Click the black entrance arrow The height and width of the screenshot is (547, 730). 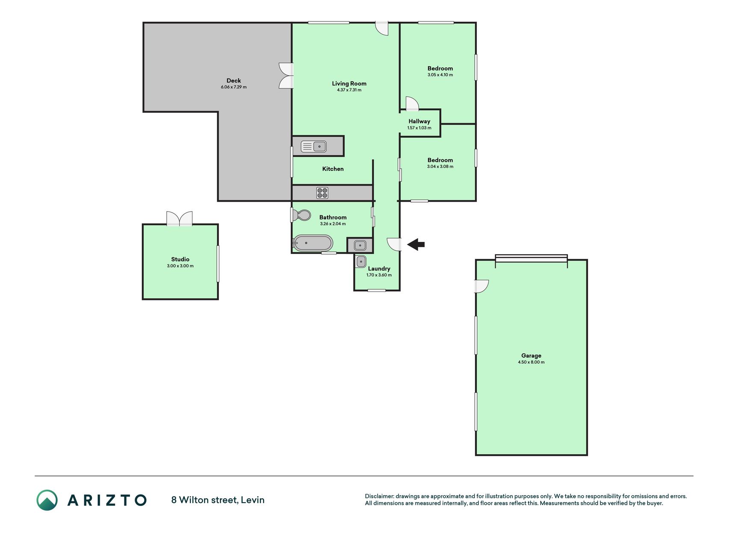(x=416, y=244)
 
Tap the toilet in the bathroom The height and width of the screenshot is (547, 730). (x=302, y=215)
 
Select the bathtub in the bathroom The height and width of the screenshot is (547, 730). (x=313, y=243)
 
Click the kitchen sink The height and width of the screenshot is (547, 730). (x=314, y=147)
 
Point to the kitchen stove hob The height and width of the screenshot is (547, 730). (x=322, y=193)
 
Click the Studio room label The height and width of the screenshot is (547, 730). (x=180, y=259)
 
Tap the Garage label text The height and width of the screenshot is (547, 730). (x=531, y=356)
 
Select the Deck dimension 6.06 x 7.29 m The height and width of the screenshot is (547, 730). (x=233, y=87)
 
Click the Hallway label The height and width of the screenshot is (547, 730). (x=419, y=121)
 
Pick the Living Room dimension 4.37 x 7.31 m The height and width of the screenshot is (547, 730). (x=349, y=90)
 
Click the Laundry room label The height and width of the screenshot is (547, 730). (x=379, y=269)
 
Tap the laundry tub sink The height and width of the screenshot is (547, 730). (x=361, y=261)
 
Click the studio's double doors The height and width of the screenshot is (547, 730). (x=179, y=218)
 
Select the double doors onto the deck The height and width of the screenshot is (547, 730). (x=286, y=76)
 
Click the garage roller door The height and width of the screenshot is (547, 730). (x=531, y=259)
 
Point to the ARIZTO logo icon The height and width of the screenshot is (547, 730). (x=47, y=500)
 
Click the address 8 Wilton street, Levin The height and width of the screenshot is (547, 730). (x=218, y=500)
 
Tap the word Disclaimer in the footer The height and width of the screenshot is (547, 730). (x=379, y=496)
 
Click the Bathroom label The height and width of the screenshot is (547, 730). (x=333, y=218)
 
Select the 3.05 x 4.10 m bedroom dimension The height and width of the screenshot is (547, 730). (x=440, y=75)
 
